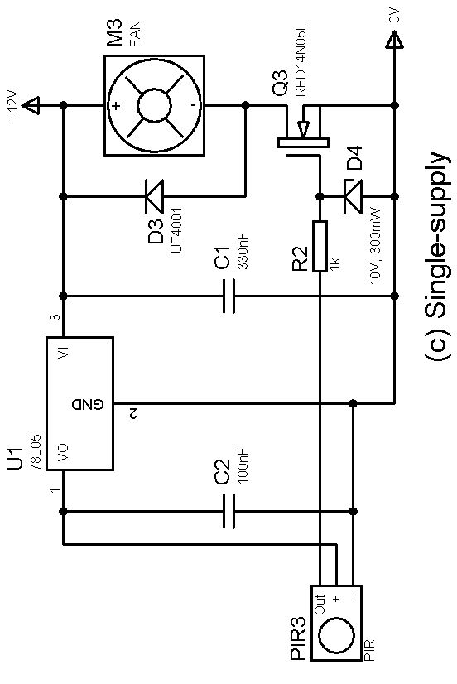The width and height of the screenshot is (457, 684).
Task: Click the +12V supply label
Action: coord(13,105)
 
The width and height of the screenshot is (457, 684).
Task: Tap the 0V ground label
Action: coord(394,16)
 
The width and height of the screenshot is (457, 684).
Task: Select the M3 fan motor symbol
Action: coord(154,105)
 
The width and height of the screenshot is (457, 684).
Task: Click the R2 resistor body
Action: coord(320,247)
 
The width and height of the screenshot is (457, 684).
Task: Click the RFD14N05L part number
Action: coord(301,60)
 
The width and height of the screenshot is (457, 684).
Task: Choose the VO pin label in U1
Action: coord(64,453)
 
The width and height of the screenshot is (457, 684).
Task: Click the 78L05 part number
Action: coord(36,451)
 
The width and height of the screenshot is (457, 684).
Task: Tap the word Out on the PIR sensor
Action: coord(320,605)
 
